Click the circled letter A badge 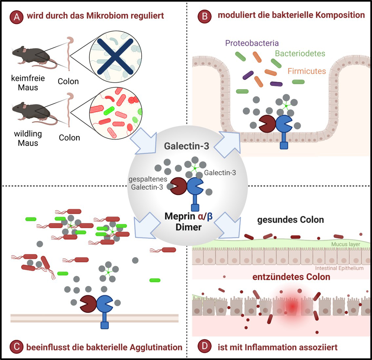pyautogui.click(x=16, y=17)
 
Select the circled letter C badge pyautogui.click(x=16, y=347)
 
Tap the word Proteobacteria pyautogui.click(x=252, y=43)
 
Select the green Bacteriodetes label pyautogui.click(x=300, y=53)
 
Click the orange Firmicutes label pyautogui.click(x=306, y=71)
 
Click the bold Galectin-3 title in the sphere pyautogui.click(x=186, y=146)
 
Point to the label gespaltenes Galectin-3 pyautogui.click(x=147, y=183)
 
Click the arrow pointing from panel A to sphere pyautogui.click(x=143, y=141)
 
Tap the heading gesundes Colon pyautogui.click(x=290, y=219)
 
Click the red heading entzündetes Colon pyautogui.click(x=291, y=277)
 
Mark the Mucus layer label pyautogui.click(x=345, y=244)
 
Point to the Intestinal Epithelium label pyautogui.click(x=339, y=268)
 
